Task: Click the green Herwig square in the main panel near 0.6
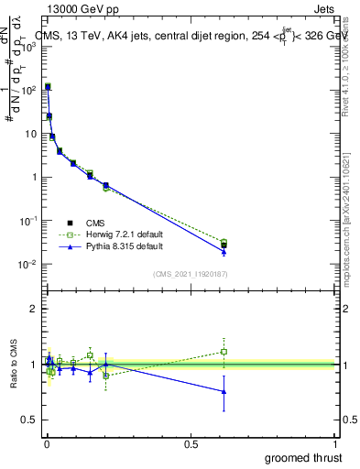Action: click(224, 242)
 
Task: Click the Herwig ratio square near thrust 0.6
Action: click(224, 351)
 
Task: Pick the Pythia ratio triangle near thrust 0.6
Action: click(224, 391)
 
